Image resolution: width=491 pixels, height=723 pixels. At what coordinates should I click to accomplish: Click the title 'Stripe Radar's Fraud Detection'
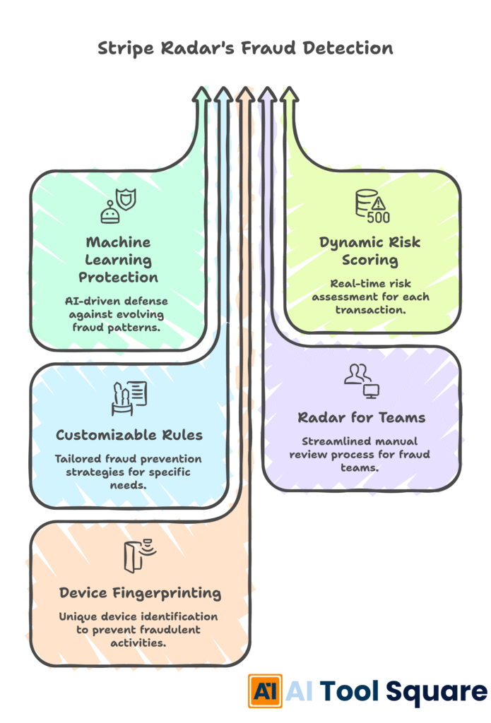[245, 49]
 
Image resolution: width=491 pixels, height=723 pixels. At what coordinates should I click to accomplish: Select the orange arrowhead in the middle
[245, 95]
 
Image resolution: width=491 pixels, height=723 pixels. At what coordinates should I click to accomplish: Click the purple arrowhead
[267, 95]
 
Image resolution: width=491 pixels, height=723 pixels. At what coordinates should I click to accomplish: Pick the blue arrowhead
[223, 95]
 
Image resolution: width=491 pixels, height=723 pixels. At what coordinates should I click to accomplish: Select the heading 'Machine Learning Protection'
[118, 259]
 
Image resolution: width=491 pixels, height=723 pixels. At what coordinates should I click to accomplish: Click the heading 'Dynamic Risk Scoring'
[370, 251]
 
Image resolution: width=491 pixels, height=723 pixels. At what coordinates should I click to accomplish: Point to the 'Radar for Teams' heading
[361, 417]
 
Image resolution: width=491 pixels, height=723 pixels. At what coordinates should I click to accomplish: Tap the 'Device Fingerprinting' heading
[140, 592]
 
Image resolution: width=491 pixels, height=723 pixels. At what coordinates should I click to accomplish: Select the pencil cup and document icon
[129, 398]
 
